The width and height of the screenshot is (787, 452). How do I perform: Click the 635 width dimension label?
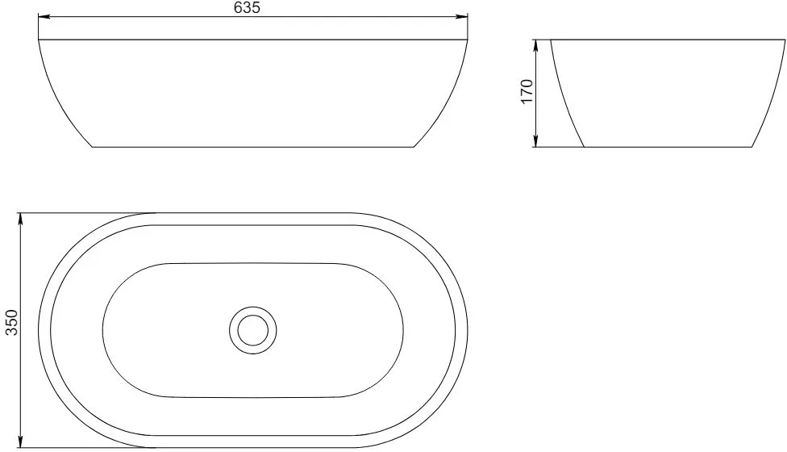coord(247,7)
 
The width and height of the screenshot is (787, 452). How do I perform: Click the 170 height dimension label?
coord(527,91)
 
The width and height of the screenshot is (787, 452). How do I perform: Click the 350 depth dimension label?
coord(11,322)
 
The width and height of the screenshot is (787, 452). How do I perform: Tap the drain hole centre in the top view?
coord(253,330)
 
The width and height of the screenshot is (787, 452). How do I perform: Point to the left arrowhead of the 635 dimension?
coord(44,17)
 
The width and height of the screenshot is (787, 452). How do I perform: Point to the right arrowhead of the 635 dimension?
coord(462,17)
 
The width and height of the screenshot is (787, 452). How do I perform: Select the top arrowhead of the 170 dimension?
coord(535,45)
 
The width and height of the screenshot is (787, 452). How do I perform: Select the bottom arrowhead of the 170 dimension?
coord(535,141)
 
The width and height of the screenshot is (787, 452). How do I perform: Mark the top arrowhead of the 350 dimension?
coord(21,219)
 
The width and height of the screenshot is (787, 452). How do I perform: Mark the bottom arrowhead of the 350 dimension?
coord(21,442)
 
